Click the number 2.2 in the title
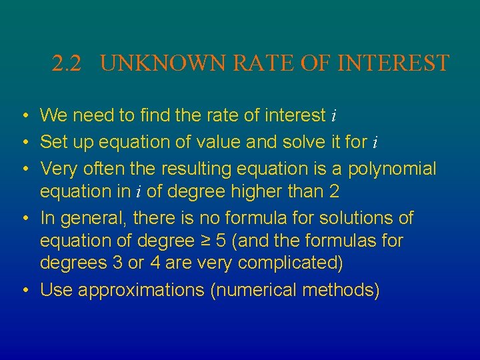(67, 64)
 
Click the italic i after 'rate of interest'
(333, 117)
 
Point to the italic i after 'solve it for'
(375, 143)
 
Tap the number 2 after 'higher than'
(334, 193)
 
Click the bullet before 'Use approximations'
(24, 290)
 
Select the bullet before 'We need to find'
(24, 116)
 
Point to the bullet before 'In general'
(24, 218)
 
